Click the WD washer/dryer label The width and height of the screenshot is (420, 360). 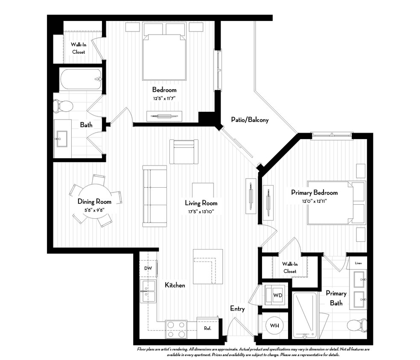point(277,295)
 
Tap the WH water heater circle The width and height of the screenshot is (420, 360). point(274,326)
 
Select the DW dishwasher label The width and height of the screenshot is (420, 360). point(148,268)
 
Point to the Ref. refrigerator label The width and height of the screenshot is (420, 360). point(207,328)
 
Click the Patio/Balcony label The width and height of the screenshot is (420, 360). point(250,120)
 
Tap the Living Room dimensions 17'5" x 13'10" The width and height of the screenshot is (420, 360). point(201,211)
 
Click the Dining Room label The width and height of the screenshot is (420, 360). point(94,201)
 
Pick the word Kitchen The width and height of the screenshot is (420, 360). point(175,285)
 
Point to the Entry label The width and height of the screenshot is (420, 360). point(237,308)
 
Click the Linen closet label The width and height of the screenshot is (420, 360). point(358,263)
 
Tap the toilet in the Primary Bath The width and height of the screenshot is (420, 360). point(356,326)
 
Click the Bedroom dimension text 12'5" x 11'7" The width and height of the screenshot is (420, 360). point(164,98)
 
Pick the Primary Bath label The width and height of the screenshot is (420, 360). point(336,298)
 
